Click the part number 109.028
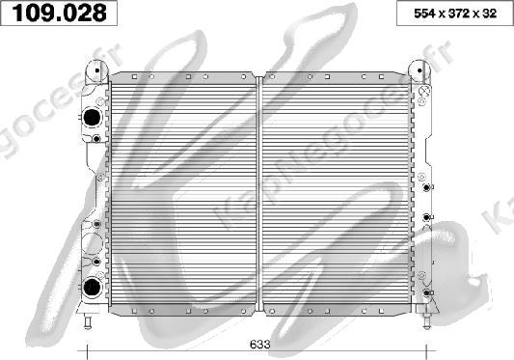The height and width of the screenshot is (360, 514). click(x=60, y=13)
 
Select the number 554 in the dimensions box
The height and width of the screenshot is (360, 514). click(x=424, y=14)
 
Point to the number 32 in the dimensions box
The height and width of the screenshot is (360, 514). click(x=489, y=14)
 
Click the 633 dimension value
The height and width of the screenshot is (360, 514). click(x=260, y=345)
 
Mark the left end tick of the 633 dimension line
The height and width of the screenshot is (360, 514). click(x=87, y=351)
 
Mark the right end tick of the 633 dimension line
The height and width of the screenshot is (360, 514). click(x=426, y=351)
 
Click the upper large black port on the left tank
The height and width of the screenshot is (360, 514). click(x=92, y=117)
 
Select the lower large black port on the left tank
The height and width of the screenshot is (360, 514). click(x=92, y=287)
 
